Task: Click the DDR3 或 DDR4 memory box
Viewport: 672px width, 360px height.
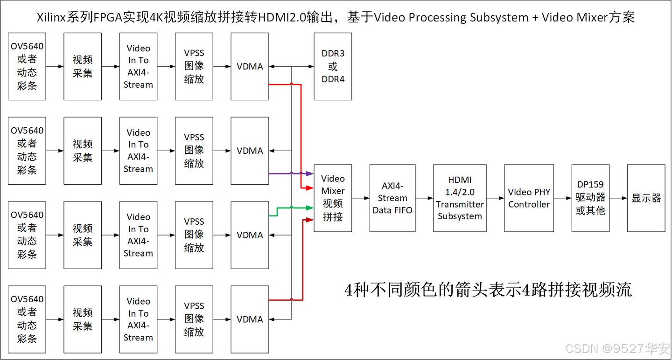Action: (333, 66)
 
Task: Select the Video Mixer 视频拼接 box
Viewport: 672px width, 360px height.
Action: (333, 198)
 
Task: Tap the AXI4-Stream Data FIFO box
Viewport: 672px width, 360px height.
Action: (392, 198)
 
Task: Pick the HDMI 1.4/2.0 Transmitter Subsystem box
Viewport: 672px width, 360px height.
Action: (459, 198)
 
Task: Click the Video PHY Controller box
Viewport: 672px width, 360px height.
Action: (529, 198)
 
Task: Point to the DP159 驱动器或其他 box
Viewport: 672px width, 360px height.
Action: (590, 198)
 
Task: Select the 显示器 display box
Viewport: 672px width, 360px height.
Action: (646, 198)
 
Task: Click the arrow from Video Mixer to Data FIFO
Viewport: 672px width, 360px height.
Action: (360, 198)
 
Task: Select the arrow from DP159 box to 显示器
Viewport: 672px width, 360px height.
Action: (618, 198)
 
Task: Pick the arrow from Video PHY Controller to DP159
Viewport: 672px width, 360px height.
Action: (562, 198)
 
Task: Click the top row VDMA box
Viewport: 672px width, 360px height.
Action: (250, 66)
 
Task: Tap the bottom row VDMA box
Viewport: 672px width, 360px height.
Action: (250, 319)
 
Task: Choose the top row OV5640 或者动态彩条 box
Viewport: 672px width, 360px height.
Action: (27, 66)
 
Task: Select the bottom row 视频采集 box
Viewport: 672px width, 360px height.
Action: (83, 319)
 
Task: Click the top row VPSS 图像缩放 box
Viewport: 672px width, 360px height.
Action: (194, 66)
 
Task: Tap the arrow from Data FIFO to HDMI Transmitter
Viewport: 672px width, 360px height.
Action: (424, 198)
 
